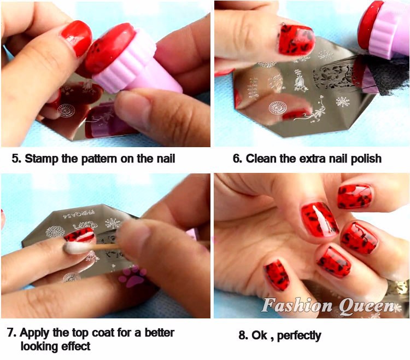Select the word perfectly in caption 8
point(299,336)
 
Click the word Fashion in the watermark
point(297,305)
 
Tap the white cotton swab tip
point(76,247)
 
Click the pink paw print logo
point(132,277)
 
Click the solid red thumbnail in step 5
point(77,38)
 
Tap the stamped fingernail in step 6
point(296,40)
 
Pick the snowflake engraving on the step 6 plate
point(343,102)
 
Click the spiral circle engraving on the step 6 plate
point(277,108)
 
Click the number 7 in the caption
point(11,333)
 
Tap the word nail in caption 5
point(166,159)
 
